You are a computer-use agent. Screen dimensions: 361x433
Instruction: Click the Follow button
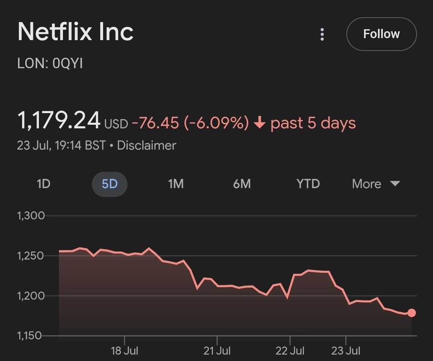point(381,34)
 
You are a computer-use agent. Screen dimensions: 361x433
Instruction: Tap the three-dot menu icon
point(322,34)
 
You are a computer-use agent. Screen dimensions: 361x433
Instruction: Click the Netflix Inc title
point(75,32)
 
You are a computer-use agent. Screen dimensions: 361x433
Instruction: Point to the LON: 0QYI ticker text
point(50,64)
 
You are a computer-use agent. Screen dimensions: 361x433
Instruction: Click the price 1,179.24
point(59,120)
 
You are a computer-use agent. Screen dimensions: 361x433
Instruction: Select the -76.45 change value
point(155,123)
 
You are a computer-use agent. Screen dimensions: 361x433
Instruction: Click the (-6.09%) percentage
point(216,123)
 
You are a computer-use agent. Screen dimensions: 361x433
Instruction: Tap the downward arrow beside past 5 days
point(260,123)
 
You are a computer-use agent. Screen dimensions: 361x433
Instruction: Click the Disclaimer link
point(146,145)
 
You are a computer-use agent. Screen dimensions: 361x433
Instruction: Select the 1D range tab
point(43,184)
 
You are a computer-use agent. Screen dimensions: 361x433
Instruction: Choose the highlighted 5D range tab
point(109,184)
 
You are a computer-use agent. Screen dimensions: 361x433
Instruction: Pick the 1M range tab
point(176,184)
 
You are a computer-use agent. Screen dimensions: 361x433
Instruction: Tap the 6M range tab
point(242,184)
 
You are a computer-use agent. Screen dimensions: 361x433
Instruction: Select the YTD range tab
point(308,184)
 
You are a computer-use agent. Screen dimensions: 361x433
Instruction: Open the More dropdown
point(376,184)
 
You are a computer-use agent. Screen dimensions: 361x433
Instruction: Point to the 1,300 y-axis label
point(30,216)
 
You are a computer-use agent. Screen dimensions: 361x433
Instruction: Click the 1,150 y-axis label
point(30,336)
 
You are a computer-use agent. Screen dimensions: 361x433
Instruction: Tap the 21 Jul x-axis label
point(217,351)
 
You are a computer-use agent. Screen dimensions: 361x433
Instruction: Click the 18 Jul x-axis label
point(124,351)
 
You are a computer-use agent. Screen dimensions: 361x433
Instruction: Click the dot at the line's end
point(411,313)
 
